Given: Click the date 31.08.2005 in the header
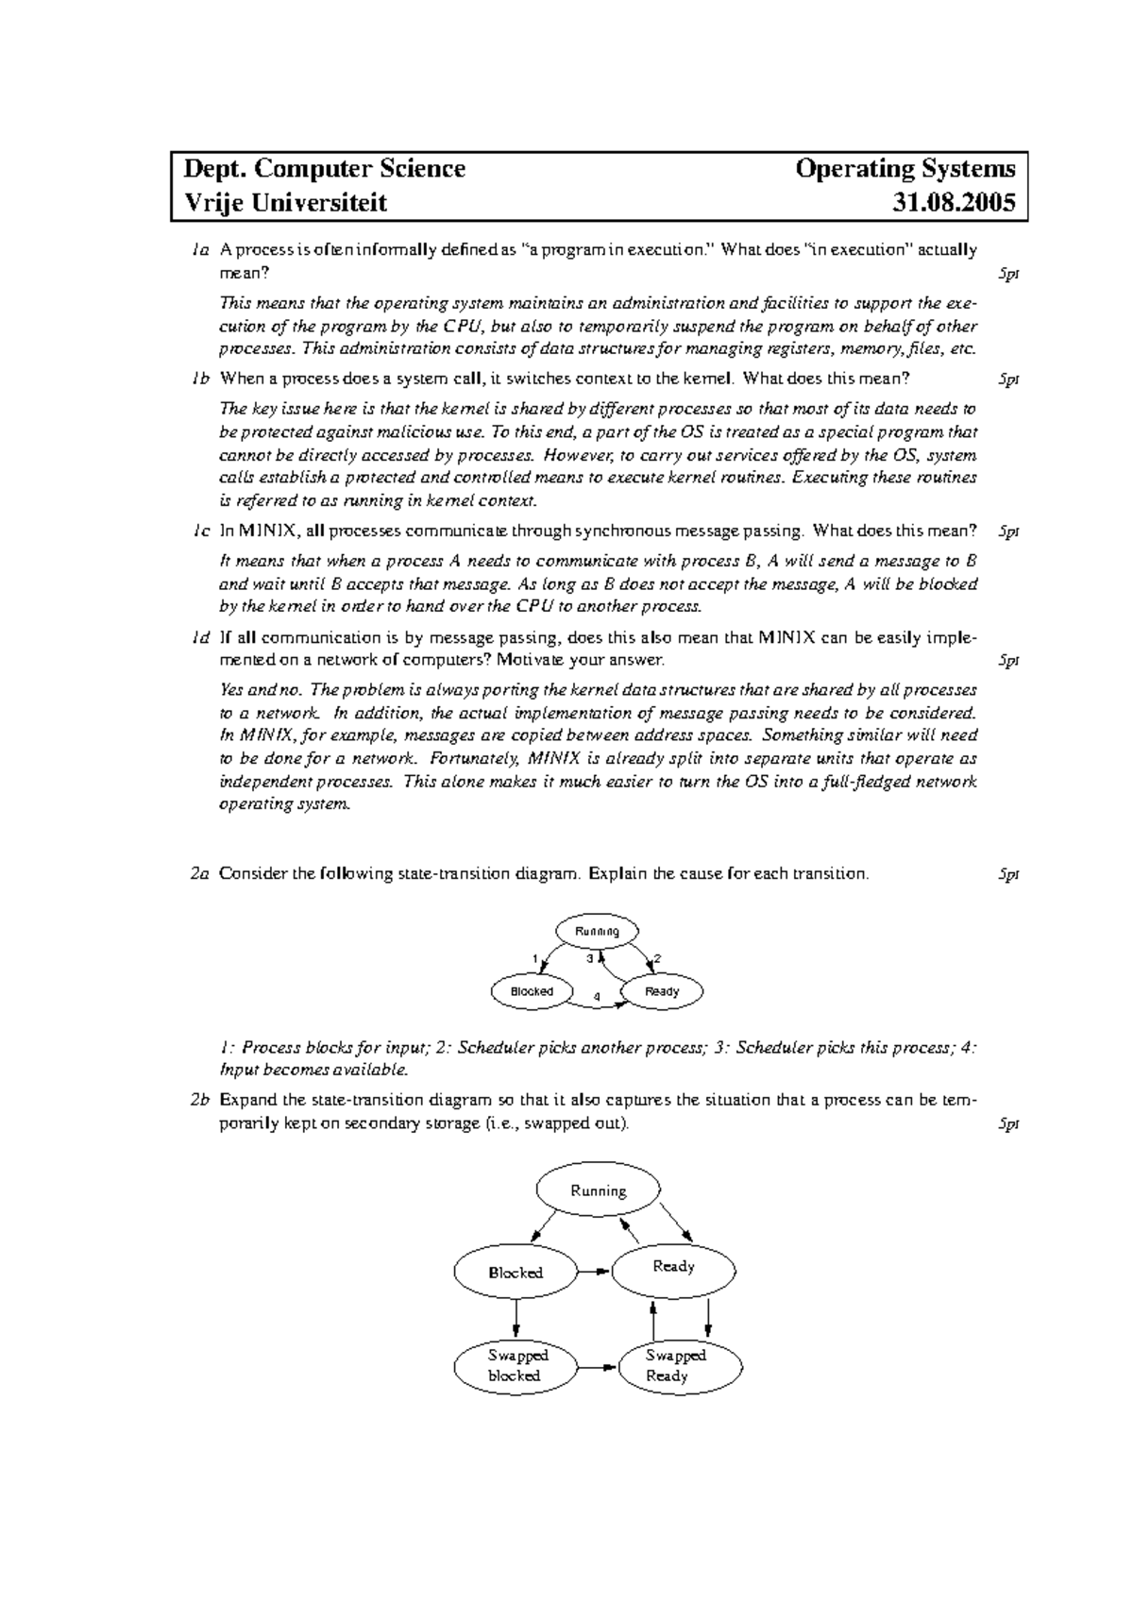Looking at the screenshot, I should (955, 202).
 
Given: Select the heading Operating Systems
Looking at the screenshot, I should (905, 169).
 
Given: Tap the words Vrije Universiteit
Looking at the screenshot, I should (284, 202).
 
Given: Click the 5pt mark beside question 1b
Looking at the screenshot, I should (1008, 380).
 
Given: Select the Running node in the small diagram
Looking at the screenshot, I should (597, 931).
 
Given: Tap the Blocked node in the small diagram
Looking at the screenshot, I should (532, 991).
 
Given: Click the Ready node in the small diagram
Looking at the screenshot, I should (662, 991).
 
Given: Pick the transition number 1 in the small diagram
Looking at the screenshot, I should (535, 959).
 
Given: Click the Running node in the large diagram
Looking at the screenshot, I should (598, 1190).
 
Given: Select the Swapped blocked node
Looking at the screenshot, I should (516, 1366).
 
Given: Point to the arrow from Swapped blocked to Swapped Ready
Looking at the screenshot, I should (596, 1366).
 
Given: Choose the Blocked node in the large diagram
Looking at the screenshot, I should (515, 1273).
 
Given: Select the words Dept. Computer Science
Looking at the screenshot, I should (324, 169).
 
